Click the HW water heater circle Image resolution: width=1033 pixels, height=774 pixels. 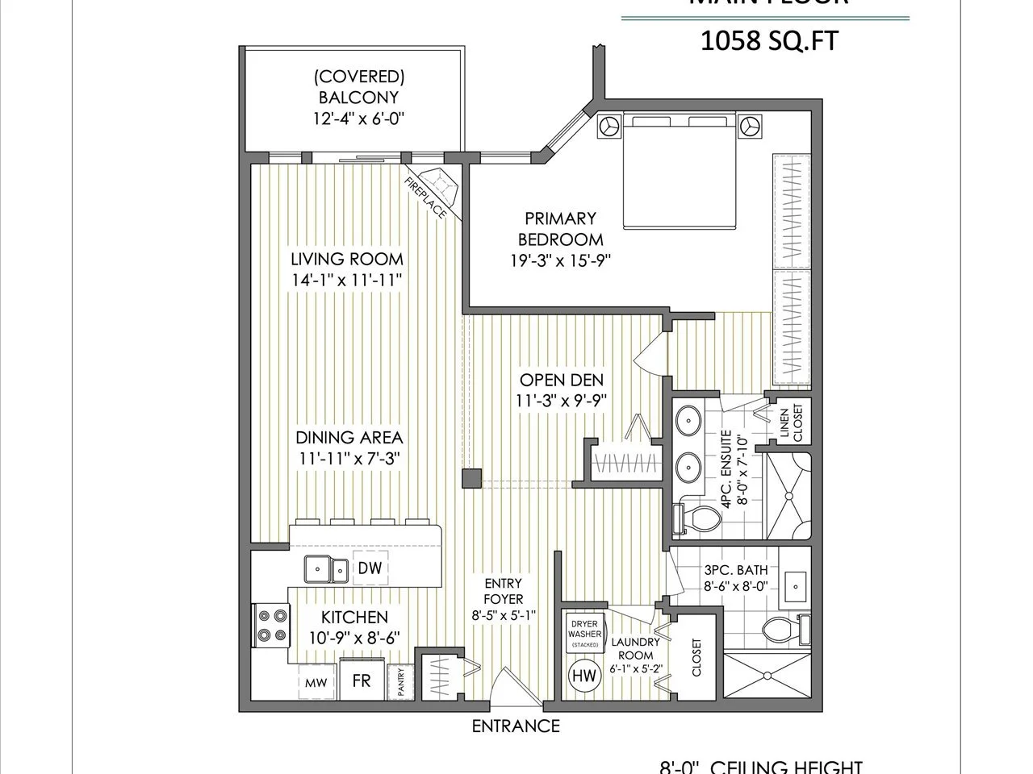point(583,676)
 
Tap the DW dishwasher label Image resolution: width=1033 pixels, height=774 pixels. point(371,568)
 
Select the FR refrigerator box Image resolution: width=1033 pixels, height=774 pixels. point(361,680)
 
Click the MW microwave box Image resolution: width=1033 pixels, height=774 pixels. point(315,683)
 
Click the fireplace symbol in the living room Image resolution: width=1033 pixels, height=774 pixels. point(441,188)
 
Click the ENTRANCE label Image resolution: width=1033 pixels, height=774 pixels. point(516,726)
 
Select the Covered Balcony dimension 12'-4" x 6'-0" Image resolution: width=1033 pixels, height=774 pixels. point(358,119)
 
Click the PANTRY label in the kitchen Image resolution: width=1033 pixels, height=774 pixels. point(399,682)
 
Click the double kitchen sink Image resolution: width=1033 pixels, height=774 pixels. point(326,569)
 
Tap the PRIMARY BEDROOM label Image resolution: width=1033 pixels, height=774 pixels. point(560,228)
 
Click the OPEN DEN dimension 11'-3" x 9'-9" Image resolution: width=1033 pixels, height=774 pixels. point(561,400)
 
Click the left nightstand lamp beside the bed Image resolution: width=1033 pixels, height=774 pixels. point(608,127)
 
